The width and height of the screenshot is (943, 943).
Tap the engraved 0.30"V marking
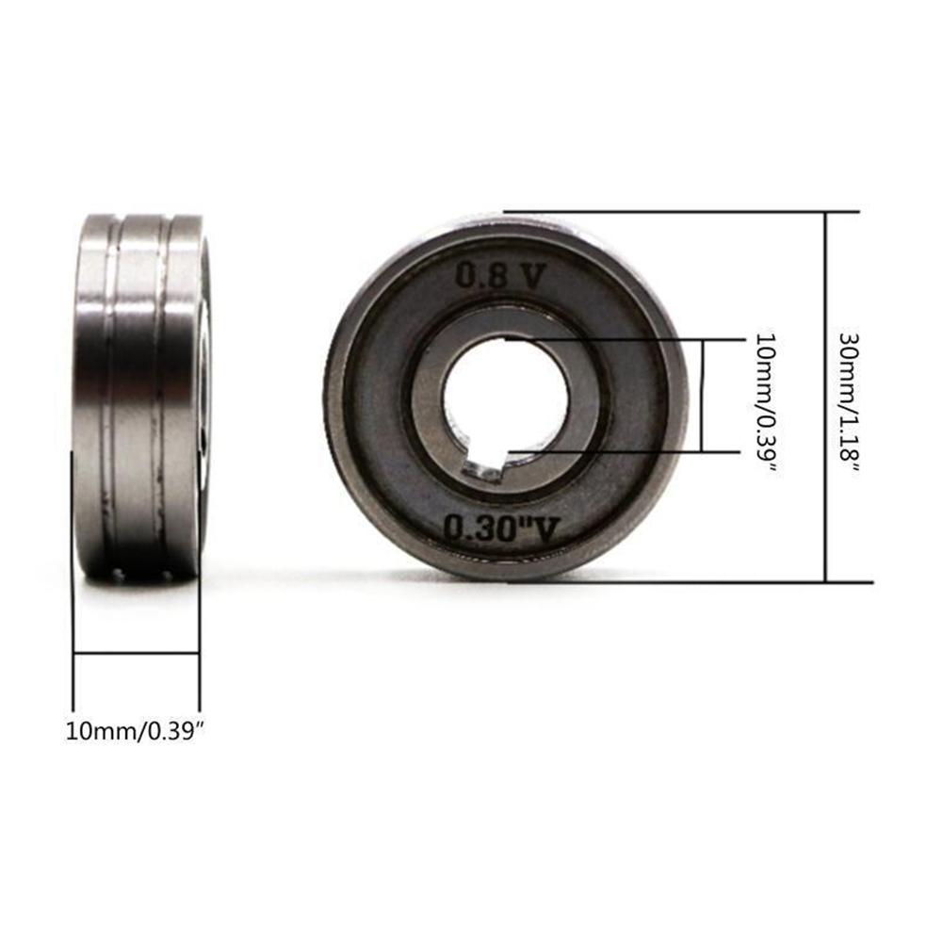tap(497, 529)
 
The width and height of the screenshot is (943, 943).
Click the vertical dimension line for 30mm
tap(826, 396)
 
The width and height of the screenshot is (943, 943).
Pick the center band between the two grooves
tap(139, 396)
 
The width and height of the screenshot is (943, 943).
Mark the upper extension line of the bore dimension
tap(612, 339)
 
